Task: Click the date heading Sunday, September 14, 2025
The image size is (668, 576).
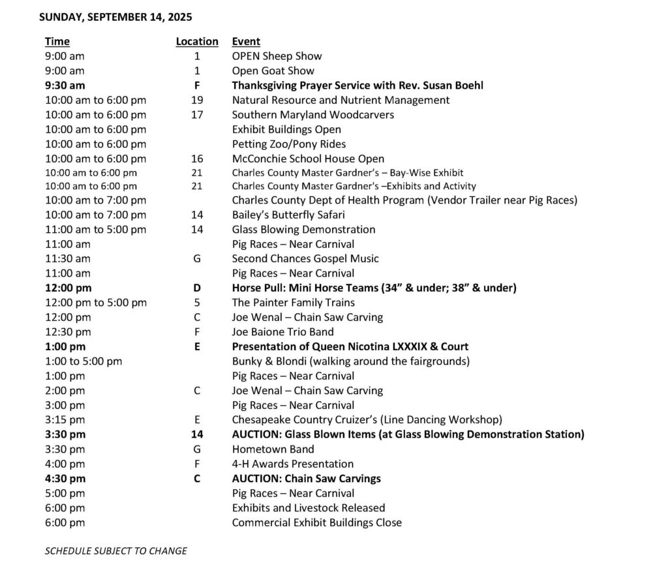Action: click(115, 17)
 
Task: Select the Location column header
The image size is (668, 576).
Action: click(197, 42)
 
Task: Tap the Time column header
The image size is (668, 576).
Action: click(57, 42)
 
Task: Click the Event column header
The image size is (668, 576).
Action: click(246, 42)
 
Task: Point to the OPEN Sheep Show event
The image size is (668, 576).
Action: click(277, 56)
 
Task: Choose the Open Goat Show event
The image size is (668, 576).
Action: click(273, 70)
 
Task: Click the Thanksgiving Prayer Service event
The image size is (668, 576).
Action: click(357, 85)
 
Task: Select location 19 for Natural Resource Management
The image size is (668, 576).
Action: click(197, 100)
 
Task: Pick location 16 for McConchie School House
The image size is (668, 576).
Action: click(197, 159)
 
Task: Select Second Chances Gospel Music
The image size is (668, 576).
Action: click(305, 258)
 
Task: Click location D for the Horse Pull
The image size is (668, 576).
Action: click(197, 288)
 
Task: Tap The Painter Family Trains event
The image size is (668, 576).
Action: click(294, 303)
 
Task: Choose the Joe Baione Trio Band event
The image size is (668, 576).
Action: click(283, 332)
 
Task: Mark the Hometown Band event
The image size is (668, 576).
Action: click(273, 449)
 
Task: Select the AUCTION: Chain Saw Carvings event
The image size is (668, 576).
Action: click(307, 479)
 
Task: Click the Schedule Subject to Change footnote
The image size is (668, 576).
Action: click(115, 551)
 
